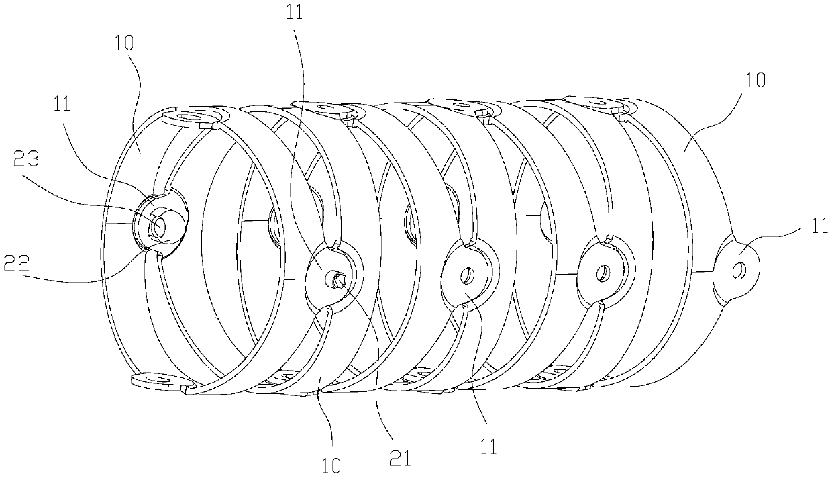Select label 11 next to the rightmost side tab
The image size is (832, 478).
pos(819,228)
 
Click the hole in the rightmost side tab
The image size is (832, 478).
pos(739,270)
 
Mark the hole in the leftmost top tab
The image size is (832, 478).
pos(195,118)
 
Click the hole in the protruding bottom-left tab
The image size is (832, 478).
pos(158,381)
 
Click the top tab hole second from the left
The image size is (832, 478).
pos(324,106)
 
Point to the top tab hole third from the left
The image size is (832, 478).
pos(460,104)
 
